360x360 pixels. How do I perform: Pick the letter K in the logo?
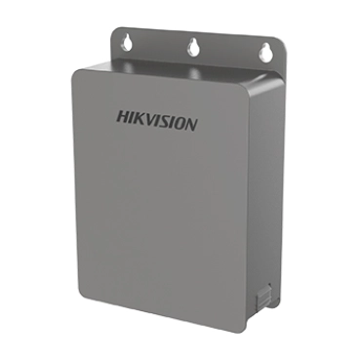point(138,118)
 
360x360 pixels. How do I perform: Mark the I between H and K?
point(130,117)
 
